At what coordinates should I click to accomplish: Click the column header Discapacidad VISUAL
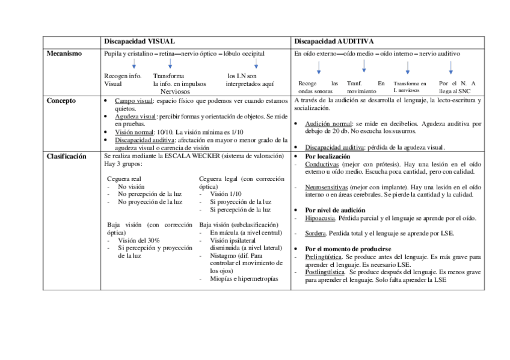coord(140,41)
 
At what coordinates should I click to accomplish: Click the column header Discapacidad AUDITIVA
coord(334,41)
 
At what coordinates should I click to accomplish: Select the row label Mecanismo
coord(64,53)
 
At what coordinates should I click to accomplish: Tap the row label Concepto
coord(61,100)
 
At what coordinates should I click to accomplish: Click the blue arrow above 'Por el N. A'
coord(450,67)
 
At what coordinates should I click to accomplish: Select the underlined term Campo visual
coord(134,101)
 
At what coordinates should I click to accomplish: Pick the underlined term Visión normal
coord(133,132)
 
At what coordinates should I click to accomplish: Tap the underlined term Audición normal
coord(328,124)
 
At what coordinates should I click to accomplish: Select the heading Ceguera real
coord(124,179)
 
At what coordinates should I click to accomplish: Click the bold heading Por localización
coord(328,156)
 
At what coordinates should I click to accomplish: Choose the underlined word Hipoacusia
coord(321,218)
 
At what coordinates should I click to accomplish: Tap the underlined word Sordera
coord(316,233)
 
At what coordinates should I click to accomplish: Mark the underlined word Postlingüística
coord(326,272)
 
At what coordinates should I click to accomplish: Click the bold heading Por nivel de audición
coord(335,210)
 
